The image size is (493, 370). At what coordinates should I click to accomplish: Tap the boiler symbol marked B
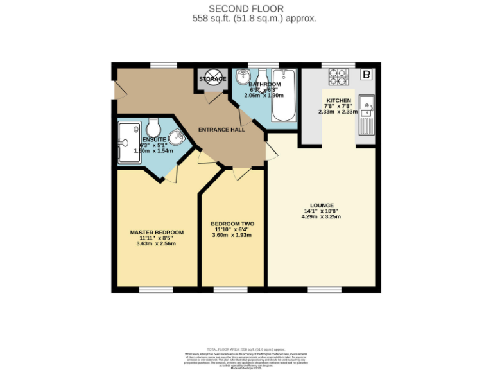367,75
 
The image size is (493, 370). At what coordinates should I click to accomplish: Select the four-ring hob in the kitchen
338,77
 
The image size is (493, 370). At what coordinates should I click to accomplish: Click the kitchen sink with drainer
367,114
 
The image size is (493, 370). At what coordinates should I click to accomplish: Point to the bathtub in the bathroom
282,97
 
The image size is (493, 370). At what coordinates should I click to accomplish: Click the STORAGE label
212,79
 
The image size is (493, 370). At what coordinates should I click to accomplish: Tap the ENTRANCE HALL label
221,130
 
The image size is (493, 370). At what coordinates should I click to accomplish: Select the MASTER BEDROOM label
157,233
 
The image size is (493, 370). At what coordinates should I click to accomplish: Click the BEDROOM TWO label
232,224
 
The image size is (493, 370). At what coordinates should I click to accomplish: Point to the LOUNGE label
321,206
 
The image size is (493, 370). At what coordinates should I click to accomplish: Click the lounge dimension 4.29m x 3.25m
321,217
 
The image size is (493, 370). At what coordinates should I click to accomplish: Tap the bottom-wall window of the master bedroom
156,290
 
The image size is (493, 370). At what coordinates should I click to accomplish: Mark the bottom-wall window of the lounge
321,290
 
